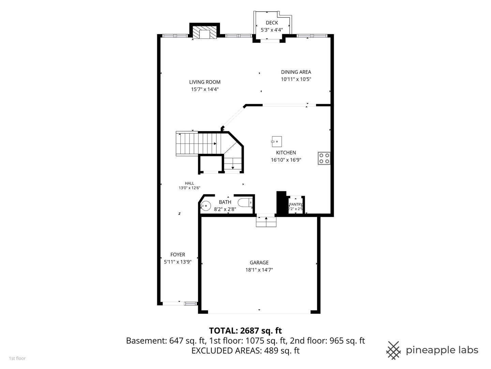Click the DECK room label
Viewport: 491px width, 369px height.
(272, 23)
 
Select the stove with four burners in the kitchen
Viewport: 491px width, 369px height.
(324, 158)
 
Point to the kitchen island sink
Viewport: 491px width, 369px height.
(277, 141)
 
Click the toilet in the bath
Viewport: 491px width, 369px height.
(245, 203)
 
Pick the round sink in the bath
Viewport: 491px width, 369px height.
(205, 205)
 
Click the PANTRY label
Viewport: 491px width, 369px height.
(296, 204)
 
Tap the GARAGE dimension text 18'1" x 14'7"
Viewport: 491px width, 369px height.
(259, 270)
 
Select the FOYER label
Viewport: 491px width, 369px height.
(178, 255)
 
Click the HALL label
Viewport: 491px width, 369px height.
(189, 183)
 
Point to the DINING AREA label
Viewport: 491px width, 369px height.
(296, 72)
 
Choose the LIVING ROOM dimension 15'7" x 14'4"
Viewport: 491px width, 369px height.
(205, 89)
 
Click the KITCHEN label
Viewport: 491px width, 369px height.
(286, 153)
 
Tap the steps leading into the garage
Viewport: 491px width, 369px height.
(266, 222)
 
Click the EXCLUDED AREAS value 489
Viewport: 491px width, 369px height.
(271, 351)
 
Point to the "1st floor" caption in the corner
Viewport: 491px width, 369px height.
(17, 358)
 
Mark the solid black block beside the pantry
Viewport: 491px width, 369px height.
(281, 203)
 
